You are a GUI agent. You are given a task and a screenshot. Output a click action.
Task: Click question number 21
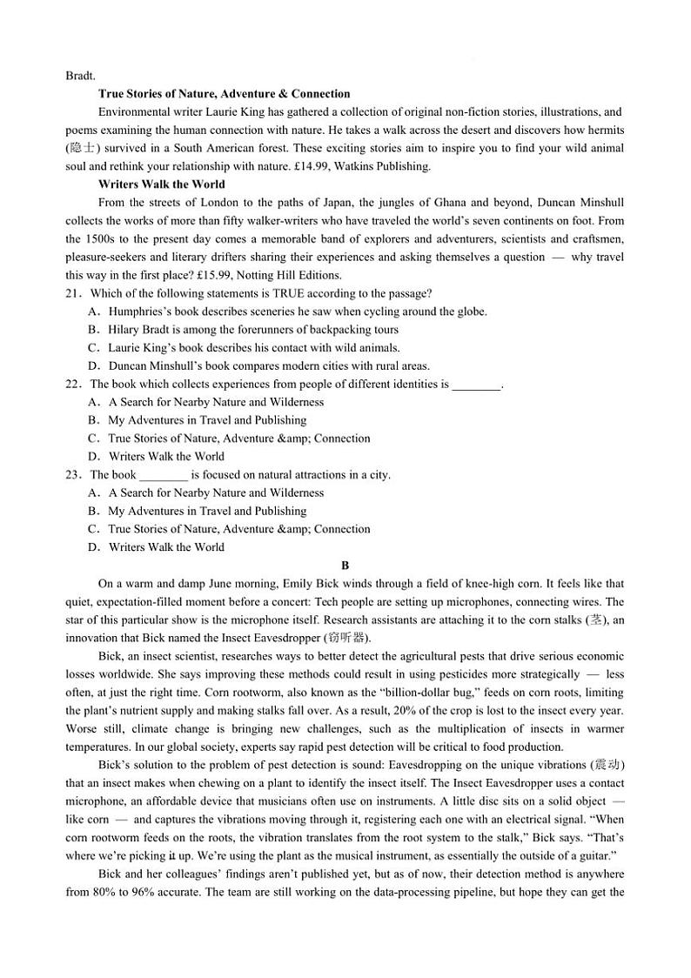pos(73,293)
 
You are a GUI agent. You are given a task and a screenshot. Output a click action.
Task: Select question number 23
pos(73,475)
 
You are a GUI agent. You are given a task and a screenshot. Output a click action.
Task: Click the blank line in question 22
pos(477,385)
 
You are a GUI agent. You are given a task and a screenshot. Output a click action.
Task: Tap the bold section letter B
pos(345,566)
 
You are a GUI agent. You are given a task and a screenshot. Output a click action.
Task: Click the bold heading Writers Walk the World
pos(161,184)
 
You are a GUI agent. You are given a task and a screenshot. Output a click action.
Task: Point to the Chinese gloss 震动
pos(607,766)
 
